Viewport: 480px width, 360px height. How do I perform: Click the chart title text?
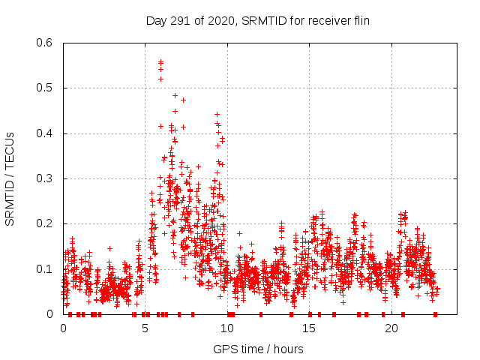point(257,20)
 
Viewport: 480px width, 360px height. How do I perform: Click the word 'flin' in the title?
point(361,20)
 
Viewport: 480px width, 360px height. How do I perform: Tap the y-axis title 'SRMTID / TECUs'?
point(10,178)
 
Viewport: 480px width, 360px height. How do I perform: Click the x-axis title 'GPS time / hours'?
point(258,349)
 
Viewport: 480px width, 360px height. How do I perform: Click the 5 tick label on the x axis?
point(145,328)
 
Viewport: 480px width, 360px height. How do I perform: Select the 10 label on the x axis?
point(227,328)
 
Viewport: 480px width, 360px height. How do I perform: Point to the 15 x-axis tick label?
point(310,328)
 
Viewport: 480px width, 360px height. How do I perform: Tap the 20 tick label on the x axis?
point(391,328)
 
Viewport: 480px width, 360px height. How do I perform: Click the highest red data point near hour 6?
point(160,61)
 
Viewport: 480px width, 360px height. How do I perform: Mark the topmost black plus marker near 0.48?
point(175,95)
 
